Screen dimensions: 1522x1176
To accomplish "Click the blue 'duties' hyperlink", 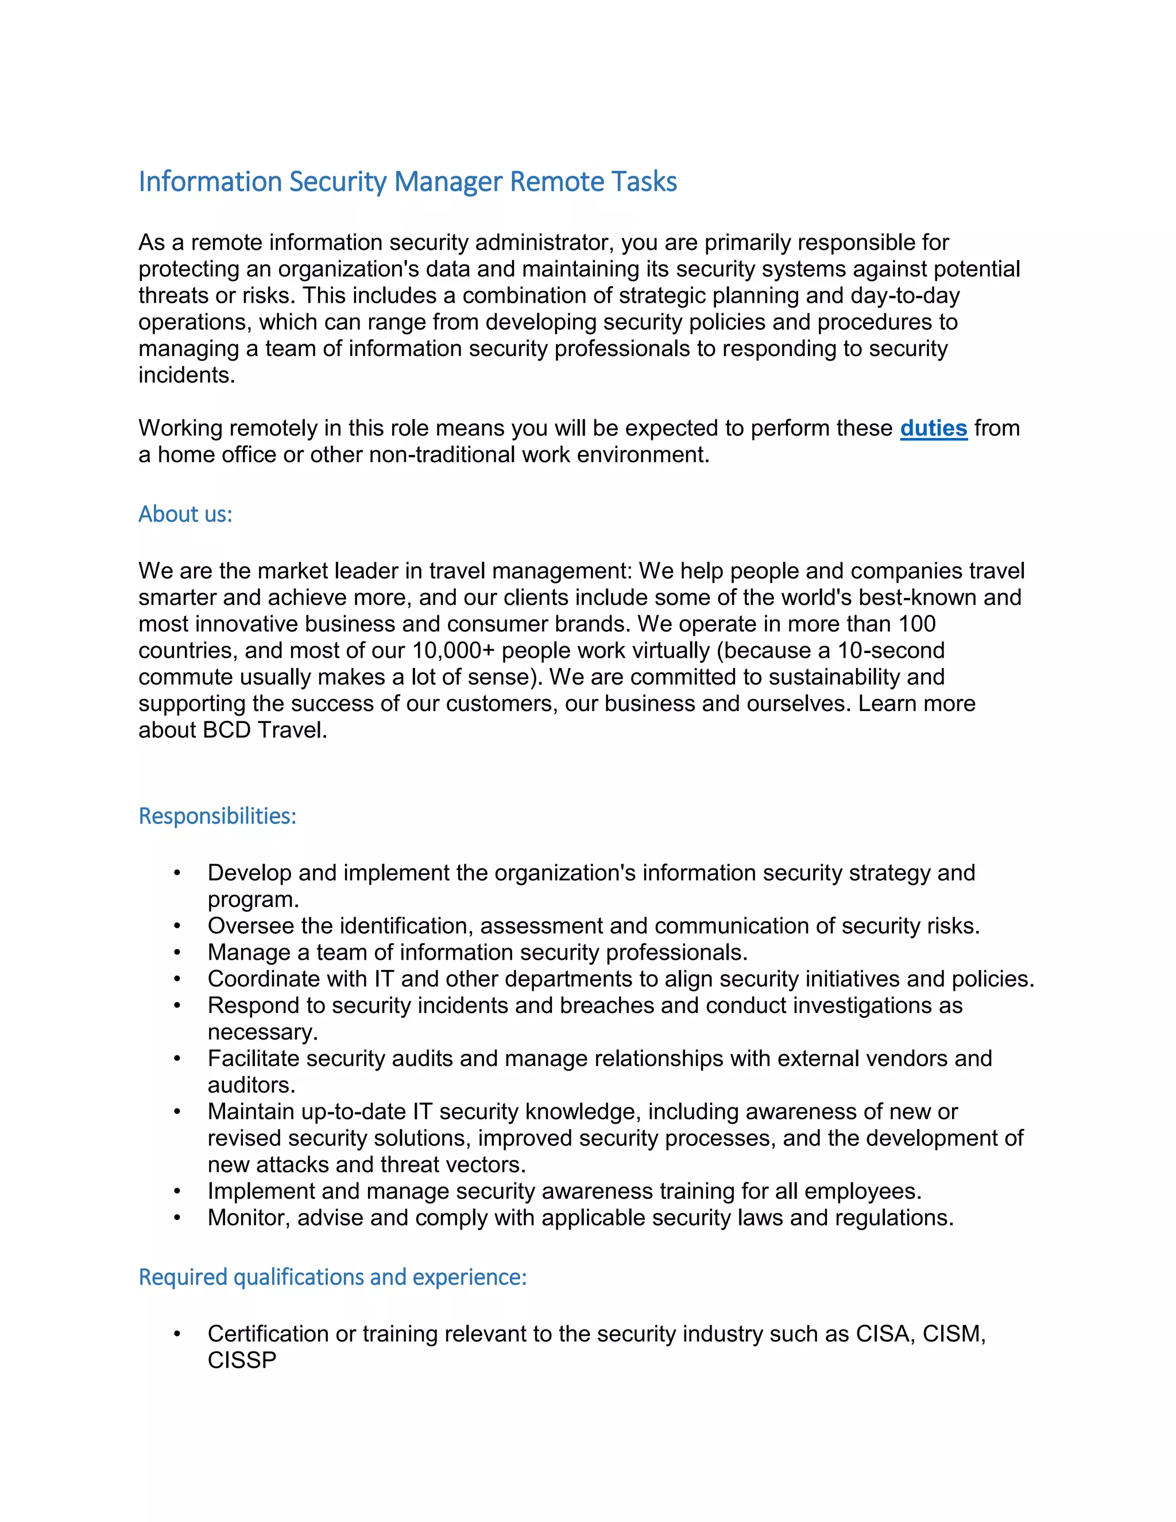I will pyautogui.click(x=933, y=428).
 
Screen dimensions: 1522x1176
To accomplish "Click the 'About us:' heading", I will pyautogui.click(x=185, y=513).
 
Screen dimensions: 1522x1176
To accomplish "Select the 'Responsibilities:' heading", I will pyautogui.click(x=218, y=816).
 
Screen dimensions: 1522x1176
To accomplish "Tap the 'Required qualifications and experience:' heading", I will pyautogui.click(x=332, y=1277).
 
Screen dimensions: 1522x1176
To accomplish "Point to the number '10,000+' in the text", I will pyautogui.click(x=453, y=651).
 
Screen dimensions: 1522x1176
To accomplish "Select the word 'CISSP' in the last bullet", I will pyautogui.click(x=242, y=1359).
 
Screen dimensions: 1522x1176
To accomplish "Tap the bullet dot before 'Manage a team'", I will pyautogui.click(x=177, y=953).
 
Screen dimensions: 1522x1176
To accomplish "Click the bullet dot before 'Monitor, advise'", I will pyautogui.click(x=177, y=1218).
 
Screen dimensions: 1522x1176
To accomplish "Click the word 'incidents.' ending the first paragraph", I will pyautogui.click(x=187, y=375).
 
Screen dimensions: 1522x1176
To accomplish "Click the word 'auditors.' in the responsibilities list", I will pyautogui.click(x=252, y=1085).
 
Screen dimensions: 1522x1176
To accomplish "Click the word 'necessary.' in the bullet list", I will pyautogui.click(x=262, y=1032).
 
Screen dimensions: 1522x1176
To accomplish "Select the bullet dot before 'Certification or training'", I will pyautogui.click(x=177, y=1334).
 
